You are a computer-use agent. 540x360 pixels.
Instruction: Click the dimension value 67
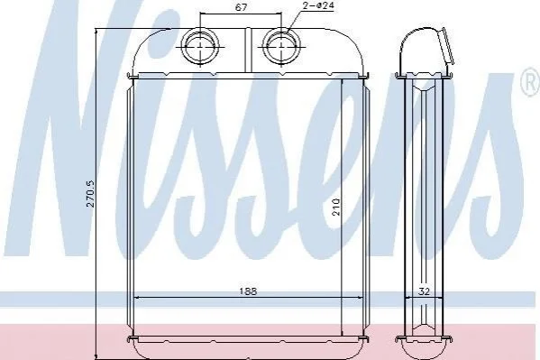[x=241, y=7]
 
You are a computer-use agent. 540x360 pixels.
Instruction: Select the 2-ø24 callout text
[x=319, y=5]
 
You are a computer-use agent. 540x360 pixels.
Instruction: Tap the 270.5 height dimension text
[x=90, y=195]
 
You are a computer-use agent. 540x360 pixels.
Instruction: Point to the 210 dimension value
[x=336, y=207]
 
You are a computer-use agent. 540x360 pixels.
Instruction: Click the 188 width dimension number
[x=248, y=291]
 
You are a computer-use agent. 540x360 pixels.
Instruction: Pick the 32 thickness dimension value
[x=424, y=291]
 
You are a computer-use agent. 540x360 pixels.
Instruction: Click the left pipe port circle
[x=200, y=46]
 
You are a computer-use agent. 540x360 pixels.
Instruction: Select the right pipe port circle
[x=281, y=46]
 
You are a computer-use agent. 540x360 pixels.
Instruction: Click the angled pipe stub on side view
[x=445, y=47]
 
